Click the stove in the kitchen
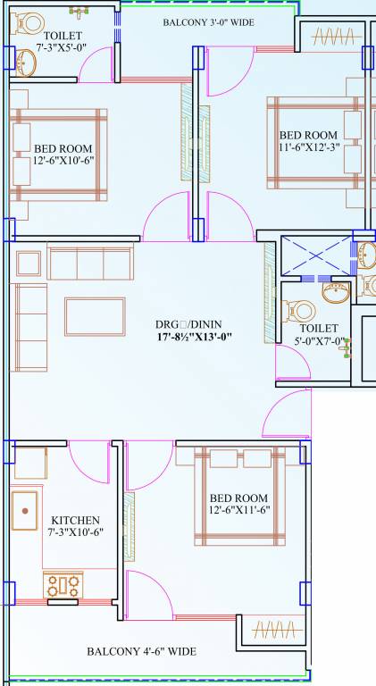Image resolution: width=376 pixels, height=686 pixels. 63,586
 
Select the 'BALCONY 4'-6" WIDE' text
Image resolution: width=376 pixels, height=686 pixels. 141,651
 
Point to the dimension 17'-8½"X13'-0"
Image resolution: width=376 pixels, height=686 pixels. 193,338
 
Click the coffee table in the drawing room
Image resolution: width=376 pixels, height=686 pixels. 95,316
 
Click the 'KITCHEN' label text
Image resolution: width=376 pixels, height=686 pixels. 75,520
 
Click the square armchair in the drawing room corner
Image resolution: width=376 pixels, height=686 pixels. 27,264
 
